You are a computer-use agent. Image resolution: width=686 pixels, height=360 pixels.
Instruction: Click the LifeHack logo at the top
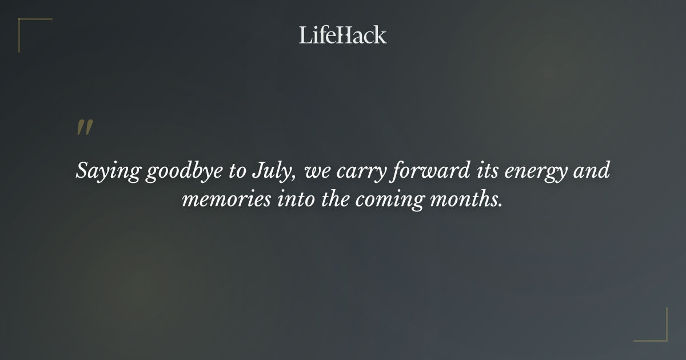pyautogui.click(x=342, y=35)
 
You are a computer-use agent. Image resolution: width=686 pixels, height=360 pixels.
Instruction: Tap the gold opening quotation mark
pyautogui.click(x=85, y=128)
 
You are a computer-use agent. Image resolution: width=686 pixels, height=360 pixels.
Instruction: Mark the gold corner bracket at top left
pyautogui.click(x=34, y=34)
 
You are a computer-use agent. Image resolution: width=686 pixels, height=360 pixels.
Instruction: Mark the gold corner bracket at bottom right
pyautogui.click(x=651, y=325)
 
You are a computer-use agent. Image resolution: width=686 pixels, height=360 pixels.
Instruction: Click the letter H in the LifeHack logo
pyautogui.click(x=340, y=35)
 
